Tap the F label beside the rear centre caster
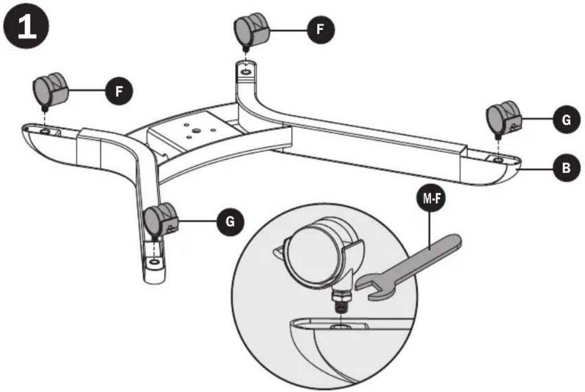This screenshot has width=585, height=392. click(x=319, y=30)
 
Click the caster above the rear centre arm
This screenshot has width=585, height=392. click(x=251, y=30)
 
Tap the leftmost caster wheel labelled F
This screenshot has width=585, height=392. click(x=50, y=89)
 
